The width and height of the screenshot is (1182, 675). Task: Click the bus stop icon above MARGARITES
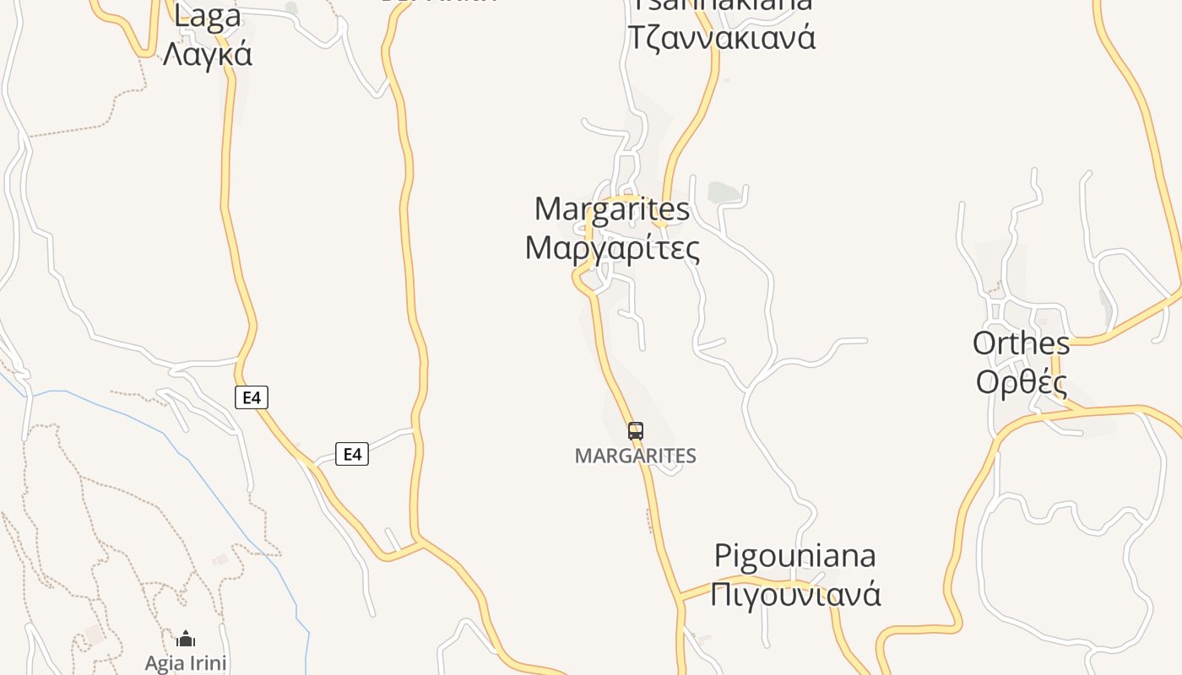pyautogui.click(x=636, y=431)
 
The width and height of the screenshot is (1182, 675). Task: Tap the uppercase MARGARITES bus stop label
pyautogui.click(x=635, y=456)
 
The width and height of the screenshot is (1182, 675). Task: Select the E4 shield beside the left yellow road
pyautogui.click(x=251, y=397)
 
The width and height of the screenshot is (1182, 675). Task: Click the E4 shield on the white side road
pyautogui.click(x=352, y=454)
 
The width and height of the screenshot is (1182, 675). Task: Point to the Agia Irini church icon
pyautogui.click(x=186, y=639)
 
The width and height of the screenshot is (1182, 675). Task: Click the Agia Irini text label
pyautogui.click(x=186, y=662)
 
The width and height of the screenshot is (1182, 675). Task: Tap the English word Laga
pyautogui.click(x=207, y=15)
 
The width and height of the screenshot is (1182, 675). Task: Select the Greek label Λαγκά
pyautogui.click(x=207, y=54)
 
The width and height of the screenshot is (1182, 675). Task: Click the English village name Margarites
pyautogui.click(x=612, y=208)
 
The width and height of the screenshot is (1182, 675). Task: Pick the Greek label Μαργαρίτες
pyautogui.click(x=612, y=248)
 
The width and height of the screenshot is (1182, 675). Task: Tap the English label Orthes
pyautogui.click(x=1021, y=343)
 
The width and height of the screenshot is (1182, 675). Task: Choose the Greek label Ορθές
pyautogui.click(x=1021, y=382)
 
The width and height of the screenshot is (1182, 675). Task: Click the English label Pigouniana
pyautogui.click(x=794, y=556)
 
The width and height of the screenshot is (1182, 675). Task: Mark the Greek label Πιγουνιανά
pyautogui.click(x=794, y=594)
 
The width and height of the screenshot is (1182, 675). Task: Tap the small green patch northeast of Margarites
pyautogui.click(x=723, y=192)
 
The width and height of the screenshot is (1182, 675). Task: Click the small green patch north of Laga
pyautogui.click(x=291, y=8)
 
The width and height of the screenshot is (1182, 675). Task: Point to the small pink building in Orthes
pyautogui.click(x=1042, y=321)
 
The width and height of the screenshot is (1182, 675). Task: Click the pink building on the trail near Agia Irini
pyautogui.click(x=221, y=559)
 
